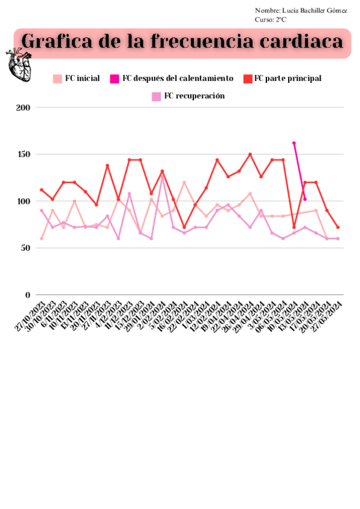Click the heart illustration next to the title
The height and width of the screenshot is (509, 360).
(20, 64)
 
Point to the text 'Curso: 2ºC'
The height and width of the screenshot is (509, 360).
(271, 19)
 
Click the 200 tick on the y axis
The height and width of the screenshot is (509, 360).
(23, 108)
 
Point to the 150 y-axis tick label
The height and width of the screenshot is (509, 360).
(23, 154)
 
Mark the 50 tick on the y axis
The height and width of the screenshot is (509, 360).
(25, 248)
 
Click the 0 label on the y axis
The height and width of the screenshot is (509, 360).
(28, 295)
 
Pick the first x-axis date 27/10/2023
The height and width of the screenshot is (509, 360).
(31, 314)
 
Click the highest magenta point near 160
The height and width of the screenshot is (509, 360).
(294, 143)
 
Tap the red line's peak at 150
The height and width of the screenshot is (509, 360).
(250, 154)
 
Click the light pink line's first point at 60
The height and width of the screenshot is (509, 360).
(41, 238)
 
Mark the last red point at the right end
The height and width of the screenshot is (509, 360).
(338, 227)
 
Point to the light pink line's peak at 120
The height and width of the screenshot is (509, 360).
(184, 182)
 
